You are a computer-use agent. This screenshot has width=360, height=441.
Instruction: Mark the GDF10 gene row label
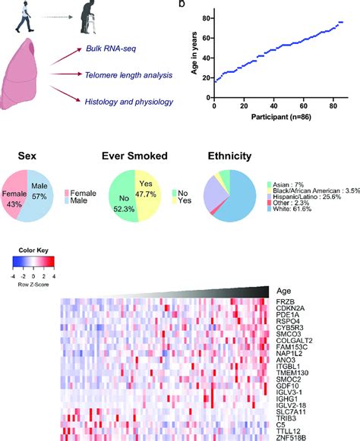pos(292,385)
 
